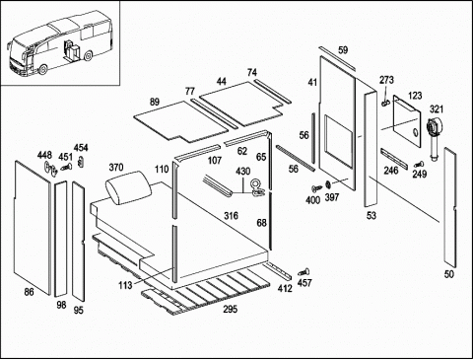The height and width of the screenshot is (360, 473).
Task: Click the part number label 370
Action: [116, 168]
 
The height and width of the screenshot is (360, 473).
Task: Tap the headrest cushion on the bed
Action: [128, 188]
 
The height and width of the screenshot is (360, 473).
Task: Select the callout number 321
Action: [437, 108]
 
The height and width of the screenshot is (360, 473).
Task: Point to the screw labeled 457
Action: [304, 272]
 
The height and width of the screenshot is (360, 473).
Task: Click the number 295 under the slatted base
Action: [231, 309]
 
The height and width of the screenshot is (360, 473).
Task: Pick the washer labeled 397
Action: [328, 184]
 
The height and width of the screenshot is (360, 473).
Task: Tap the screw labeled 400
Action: [317, 188]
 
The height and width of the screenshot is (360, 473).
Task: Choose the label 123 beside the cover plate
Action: [415, 96]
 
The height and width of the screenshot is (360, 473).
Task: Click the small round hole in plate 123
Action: [415, 132]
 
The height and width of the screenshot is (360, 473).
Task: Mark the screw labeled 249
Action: [419, 164]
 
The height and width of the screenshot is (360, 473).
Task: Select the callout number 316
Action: [231, 216]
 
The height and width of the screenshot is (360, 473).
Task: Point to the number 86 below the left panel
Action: [30, 291]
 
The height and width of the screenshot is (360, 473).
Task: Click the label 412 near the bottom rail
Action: [285, 288]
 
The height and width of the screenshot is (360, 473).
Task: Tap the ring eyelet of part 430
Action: [255, 183]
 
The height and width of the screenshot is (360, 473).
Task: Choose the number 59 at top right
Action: [343, 50]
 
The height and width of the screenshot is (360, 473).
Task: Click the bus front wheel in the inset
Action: [42, 70]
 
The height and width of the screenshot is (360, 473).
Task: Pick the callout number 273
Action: [386, 80]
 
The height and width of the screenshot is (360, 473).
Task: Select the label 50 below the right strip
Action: [449, 274]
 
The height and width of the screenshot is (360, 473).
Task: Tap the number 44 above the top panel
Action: [222, 81]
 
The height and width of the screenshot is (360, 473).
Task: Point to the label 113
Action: [125, 285]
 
